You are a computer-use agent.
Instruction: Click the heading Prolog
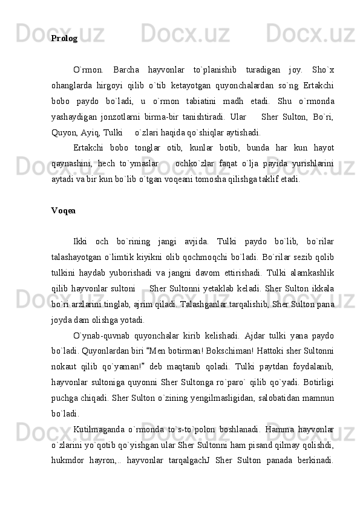click(x=64, y=38)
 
